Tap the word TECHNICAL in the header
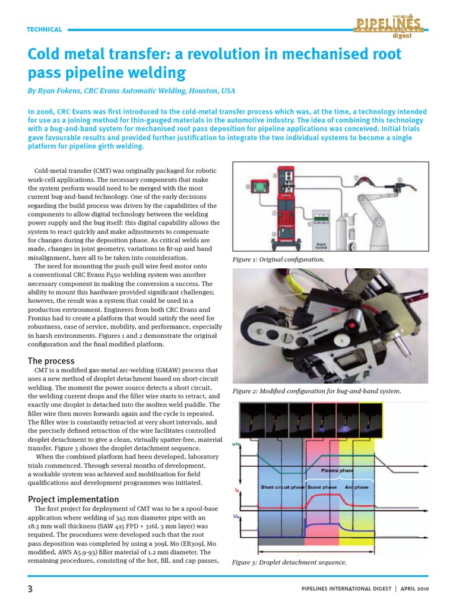point(45,30)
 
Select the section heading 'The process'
point(52,360)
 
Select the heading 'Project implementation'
point(74,499)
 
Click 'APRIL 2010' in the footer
point(415,588)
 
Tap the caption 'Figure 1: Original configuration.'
point(278,260)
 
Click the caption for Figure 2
point(316,391)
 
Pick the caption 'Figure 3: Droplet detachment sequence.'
point(289,562)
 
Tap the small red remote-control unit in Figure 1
point(260,189)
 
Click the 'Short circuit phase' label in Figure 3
point(283,487)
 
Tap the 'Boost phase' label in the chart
point(322,487)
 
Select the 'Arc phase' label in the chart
point(356,487)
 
